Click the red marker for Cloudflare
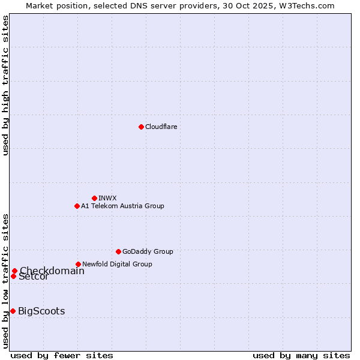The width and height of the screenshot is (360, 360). click(x=141, y=127)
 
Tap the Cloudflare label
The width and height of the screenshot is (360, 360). click(x=161, y=127)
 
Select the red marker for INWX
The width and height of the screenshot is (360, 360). click(x=94, y=198)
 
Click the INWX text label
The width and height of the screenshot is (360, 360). click(x=107, y=198)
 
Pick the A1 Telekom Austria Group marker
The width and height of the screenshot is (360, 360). click(x=77, y=206)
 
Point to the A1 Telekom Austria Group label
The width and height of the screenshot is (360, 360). click(x=122, y=206)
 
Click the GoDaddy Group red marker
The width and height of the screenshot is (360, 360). click(x=118, y=251)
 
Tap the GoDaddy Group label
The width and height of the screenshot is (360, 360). click(x=148, y=251)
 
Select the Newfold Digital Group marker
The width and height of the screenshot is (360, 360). click(x=78, y=264)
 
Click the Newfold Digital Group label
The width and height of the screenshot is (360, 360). click(x=117, y=264)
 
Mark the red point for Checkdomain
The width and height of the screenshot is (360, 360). click(x=14, y=271)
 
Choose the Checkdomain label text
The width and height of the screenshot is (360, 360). click(x=52, y=271)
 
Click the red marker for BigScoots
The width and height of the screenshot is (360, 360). click(x=13, y=311)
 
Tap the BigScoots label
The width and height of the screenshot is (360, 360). click(x=41, y=311)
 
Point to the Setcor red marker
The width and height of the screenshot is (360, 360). click(x=13, y=276)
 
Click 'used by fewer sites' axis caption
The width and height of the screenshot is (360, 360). click(x=62, y=355)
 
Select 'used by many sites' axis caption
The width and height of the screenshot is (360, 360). click(x=301, y=355)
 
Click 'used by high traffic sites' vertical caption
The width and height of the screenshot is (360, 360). click(x=6, y=85)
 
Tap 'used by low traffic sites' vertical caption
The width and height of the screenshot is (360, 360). click(x=6, y=280)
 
